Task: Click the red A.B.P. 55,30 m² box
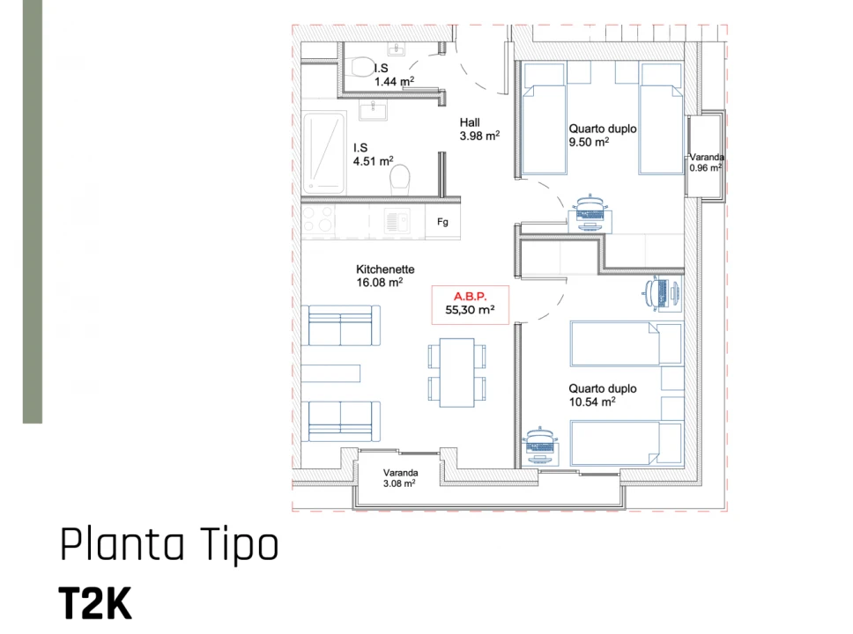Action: tap(470, 304)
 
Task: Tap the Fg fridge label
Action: tap(442, 222)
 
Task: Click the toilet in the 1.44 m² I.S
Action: tap(360, 66)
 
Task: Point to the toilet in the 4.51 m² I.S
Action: tap(400, 180)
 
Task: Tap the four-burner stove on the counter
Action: tap(317, 219)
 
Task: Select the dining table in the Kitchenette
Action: tap(456, 372)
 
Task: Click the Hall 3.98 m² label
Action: tap(478, 129)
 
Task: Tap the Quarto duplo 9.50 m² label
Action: tap(602, 135)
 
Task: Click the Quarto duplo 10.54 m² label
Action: tap(602, 394)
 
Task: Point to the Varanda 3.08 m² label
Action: tap(399, 477)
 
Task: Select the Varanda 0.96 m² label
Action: tap(706, 162)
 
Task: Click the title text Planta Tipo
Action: tap(169, 545)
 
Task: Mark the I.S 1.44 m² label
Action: tap(393, 74)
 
